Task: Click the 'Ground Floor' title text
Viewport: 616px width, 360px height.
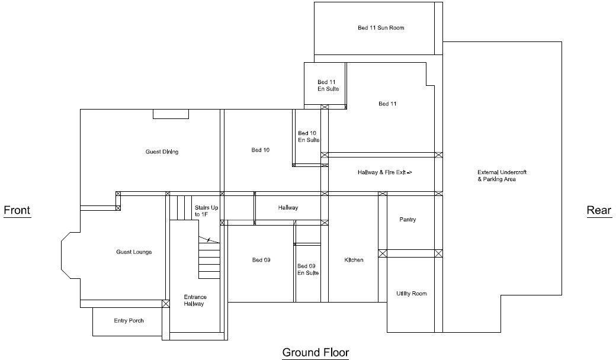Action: [315, 353]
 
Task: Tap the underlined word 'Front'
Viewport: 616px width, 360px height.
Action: [17, 210]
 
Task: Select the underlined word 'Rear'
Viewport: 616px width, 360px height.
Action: [598, 210]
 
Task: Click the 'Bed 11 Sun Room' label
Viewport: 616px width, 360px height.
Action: [381, 28]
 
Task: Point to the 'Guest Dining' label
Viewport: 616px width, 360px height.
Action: [162, 152]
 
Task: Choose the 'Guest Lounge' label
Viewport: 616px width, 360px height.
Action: [134, 252]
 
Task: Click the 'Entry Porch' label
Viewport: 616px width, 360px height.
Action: [129, 321]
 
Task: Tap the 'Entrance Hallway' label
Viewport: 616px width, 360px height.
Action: [194, 300]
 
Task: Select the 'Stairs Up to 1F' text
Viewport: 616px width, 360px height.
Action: [206, 211]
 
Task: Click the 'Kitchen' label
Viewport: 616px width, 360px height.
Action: [354, 260]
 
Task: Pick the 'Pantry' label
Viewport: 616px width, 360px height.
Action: [408, 220]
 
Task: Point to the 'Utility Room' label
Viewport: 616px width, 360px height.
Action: [411, 294]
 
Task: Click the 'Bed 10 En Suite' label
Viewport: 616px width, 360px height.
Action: [308, 137]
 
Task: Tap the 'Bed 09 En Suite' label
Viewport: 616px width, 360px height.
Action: [307, 269]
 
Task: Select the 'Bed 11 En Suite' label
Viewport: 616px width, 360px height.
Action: [328, 85]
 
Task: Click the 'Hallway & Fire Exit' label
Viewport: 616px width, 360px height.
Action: [384, 172]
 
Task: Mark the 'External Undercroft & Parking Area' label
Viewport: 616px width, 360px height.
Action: [502, 175]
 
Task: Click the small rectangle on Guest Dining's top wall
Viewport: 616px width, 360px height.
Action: [171, 114]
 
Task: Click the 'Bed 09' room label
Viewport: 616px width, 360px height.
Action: [261, 260]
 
